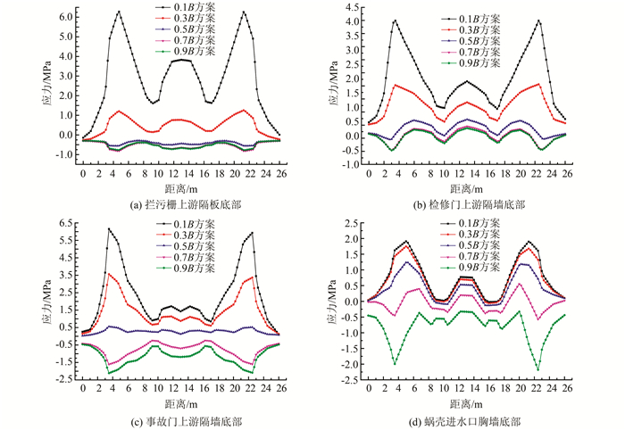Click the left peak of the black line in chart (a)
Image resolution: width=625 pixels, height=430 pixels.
click(119, 12)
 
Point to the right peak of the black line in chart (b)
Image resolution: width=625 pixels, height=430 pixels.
click(538, 21)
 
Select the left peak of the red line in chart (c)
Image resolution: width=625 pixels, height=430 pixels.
click(108, 273)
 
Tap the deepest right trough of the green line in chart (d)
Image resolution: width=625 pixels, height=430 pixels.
click(538, 369)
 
